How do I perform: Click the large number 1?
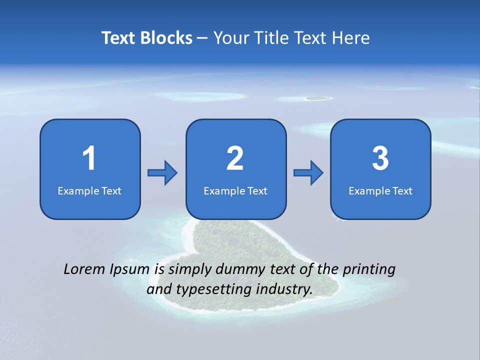(89, 158)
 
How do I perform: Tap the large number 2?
(235, 158)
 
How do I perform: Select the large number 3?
(380, 158)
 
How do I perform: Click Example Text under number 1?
(89, 191)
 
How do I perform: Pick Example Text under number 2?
(235, 191)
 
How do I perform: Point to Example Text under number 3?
(380, 191)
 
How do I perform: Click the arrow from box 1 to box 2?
(162, 172)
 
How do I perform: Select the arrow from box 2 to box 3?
(308, 172)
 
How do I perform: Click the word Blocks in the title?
(166, 38)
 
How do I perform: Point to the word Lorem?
(84, 269)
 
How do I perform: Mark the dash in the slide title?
(202, 38)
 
